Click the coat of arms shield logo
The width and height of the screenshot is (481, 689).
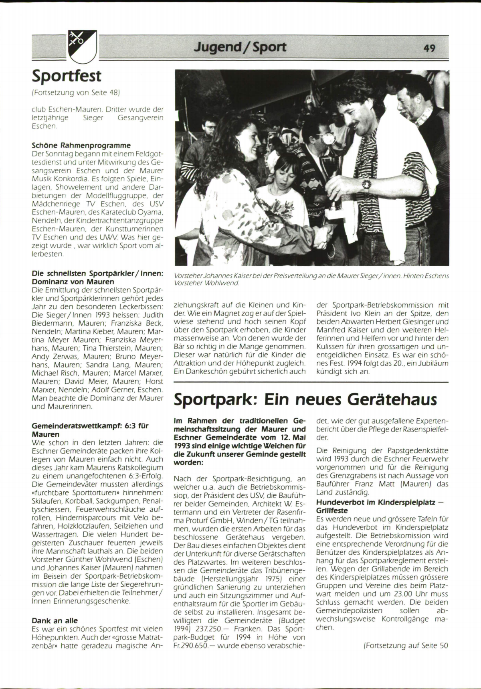click(x=79, y=47)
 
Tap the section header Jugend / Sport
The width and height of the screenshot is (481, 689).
click(x=240, y=47)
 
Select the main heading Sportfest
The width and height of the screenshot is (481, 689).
click(x=67, y=75)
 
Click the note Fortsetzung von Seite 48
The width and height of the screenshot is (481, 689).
click(x=76, y=92)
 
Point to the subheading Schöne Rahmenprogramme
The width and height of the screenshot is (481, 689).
click(x=81, y=146)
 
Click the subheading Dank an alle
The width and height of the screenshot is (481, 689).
click(x=55, y=620)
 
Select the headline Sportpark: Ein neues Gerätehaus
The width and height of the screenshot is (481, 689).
click(x=305, y=399)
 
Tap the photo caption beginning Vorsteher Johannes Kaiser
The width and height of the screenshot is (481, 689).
click(x=311, y=279)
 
